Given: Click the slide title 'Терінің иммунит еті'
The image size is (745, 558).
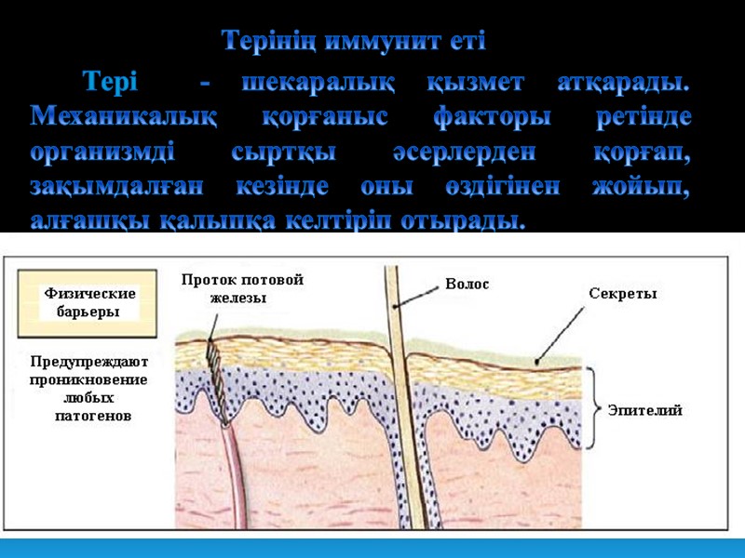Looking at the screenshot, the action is (x=354, y=42).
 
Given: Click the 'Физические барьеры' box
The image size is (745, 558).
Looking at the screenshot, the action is (x=89, y=302).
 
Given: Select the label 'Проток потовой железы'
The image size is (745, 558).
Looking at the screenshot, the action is (x=242, y=288).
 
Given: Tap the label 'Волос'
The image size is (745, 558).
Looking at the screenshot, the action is (x=467, y=285).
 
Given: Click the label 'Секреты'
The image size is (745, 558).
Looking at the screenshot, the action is (x=623, y=294).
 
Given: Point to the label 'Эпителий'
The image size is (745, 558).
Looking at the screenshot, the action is (x=644, y=410).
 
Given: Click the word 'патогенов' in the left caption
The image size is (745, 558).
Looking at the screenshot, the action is (x=93, y=416).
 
